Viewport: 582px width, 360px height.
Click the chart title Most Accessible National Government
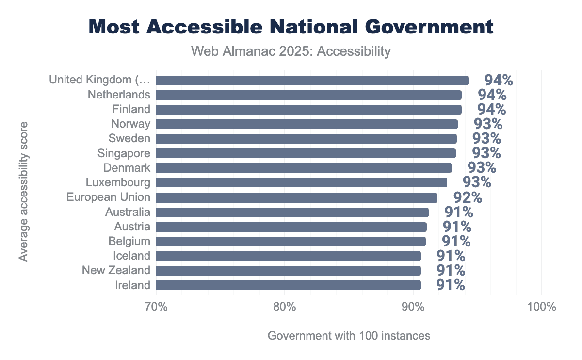click(291, 27)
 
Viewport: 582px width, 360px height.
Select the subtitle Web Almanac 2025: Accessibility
click(291, 51)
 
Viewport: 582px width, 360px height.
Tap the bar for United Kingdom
click(312, 80)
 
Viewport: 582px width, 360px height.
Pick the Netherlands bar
click(308, 95)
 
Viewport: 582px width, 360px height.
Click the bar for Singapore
click(306, 153)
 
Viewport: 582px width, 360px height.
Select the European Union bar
click(296, 197)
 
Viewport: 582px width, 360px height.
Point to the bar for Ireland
click(288, 285)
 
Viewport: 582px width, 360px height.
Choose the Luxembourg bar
click(301, 182)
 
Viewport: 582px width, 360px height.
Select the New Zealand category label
click(116, 270)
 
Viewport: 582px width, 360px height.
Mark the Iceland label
click(132, 256)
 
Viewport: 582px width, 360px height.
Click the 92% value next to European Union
click(468, 198)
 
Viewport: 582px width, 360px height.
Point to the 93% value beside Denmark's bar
click(482, 168)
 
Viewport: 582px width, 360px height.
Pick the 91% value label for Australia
click(458, 213)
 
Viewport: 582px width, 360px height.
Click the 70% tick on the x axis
click(156, 308)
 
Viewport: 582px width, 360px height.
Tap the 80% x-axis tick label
click(285, 308)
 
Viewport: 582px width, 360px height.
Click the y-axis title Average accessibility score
click(23, 192)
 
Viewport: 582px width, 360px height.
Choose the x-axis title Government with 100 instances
click(349, 336)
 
